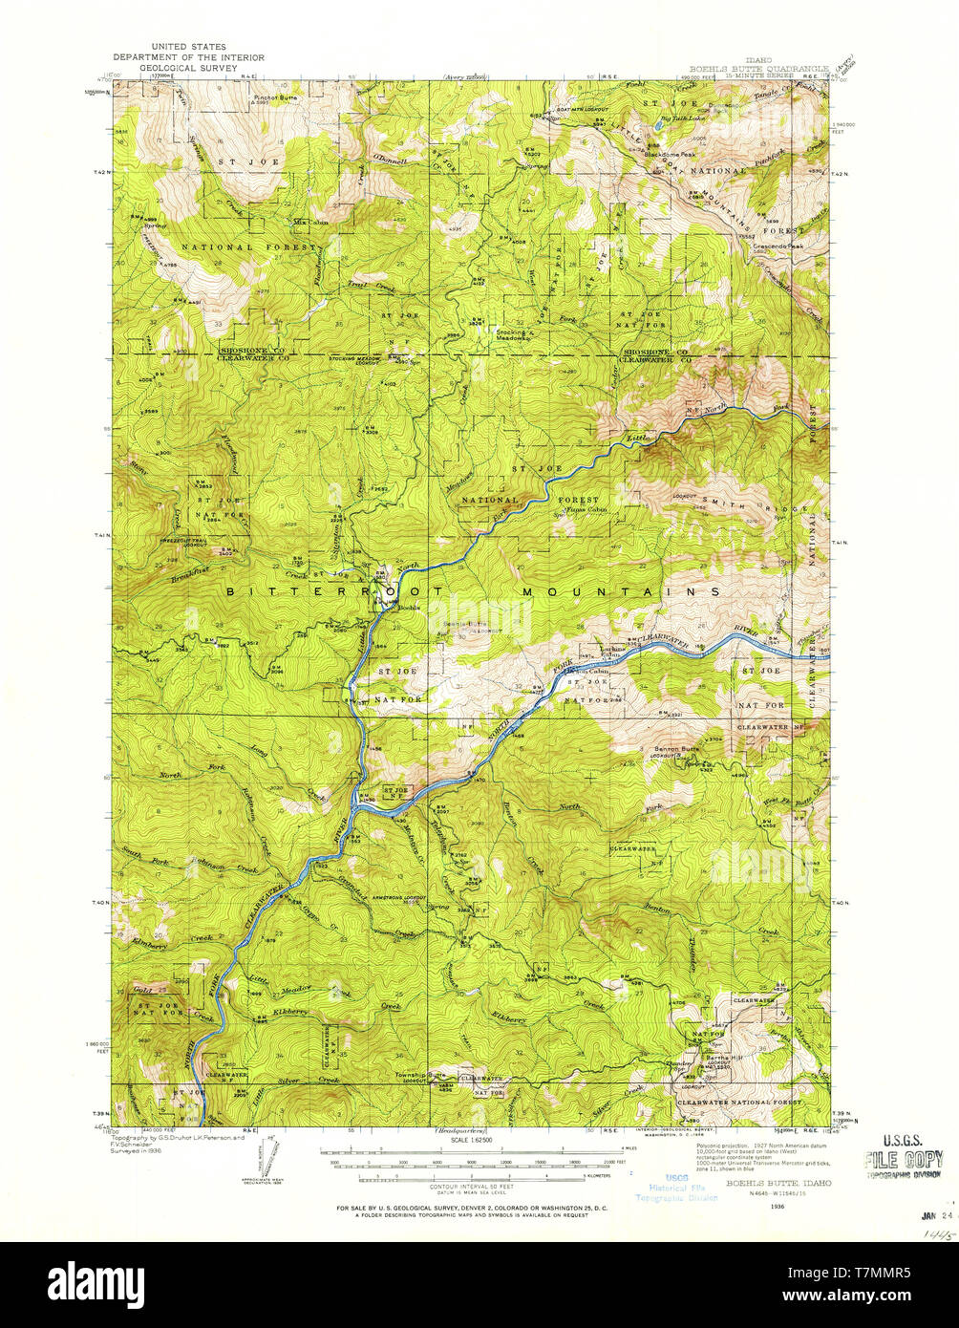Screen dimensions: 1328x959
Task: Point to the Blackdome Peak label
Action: pyautogui.click(x=671, y=154)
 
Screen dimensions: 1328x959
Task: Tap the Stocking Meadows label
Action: pyautogui.click(x=512, y=333)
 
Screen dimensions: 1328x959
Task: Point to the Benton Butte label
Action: pyautogui.click(x=677, y=748)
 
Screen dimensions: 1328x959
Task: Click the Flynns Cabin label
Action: pyautogui.click(x=586, y=510)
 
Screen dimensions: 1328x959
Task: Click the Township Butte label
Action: pyautogui.click(x=421, y=1074)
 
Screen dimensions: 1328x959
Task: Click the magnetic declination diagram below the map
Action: pyautogui.click(x=262, y=1162)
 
